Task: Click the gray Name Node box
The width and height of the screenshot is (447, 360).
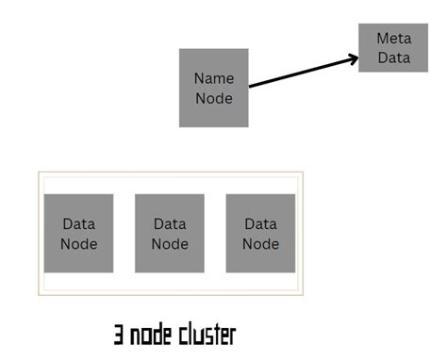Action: point(214,88)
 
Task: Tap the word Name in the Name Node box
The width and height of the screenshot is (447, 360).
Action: point(214,78)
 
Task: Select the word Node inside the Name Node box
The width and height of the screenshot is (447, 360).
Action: point(214,97)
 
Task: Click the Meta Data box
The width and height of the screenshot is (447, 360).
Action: point(393,47)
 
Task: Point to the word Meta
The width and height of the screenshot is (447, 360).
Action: point(393,38)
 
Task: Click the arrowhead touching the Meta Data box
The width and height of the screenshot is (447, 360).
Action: point(353,58)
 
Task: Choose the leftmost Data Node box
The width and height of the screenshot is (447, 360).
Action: point(79,234)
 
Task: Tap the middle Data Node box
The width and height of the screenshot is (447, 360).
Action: point(170,234)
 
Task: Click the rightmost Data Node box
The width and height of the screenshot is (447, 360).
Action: point(261,234)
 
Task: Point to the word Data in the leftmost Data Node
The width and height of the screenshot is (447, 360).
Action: point(79,224)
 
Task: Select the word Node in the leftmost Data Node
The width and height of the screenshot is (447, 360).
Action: point(79,243)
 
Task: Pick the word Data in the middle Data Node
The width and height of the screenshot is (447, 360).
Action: point(170,224)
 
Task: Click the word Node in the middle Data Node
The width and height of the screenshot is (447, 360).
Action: point(170,243)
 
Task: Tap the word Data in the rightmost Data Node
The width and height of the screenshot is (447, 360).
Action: point(261,224)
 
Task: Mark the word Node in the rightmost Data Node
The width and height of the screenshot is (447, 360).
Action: point(261,243)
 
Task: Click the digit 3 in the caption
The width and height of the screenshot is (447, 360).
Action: point(120,335)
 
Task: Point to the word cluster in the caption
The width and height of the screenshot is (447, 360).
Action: point(204,335)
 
